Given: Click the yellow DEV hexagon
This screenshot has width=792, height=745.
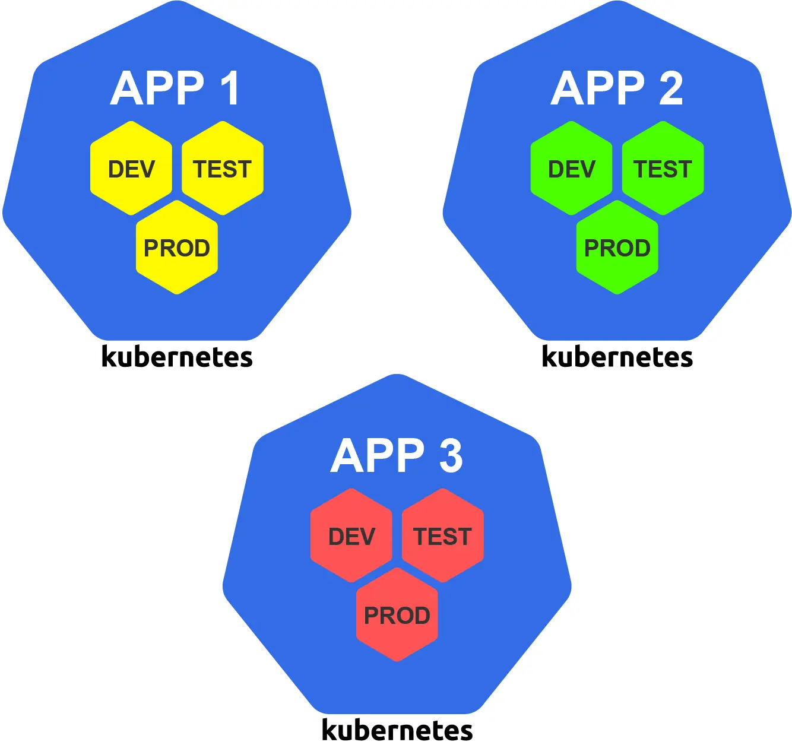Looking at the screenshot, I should [131, 169].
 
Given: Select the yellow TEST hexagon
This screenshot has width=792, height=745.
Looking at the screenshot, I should [223, 169].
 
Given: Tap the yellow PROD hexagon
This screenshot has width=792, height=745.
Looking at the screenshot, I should [177, 248].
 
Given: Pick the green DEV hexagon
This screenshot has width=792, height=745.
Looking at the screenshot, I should [571, 169].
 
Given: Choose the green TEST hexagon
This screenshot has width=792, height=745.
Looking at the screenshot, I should [663, 169].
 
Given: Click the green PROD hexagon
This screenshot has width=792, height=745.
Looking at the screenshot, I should [617, 248].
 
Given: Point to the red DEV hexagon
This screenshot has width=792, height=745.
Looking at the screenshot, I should [351, 536].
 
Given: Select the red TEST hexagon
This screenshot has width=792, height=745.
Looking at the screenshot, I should [443, 536].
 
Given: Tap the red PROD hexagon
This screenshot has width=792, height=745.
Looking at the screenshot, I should [397, 615].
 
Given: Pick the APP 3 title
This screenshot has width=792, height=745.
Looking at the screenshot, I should [397, 456].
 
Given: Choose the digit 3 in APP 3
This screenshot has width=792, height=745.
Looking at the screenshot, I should [451, 456].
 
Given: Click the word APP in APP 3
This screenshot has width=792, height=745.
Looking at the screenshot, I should [378, 456].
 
